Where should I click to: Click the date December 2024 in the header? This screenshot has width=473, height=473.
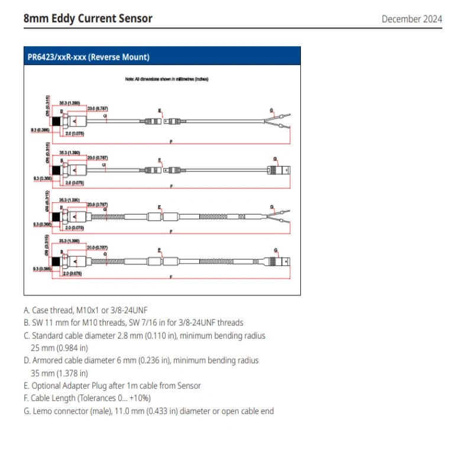pos(412,19)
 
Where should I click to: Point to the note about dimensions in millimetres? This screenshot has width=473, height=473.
pos(166,79)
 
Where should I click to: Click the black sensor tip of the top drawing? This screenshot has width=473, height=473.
pos(56,121)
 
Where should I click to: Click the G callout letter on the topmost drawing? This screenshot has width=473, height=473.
pos(271,111)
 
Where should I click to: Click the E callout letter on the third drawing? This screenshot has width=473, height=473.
pos(160,206)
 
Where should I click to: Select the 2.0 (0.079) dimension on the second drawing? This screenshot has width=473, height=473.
pos(74,183)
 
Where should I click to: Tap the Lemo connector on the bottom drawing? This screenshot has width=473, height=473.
pos(280,261)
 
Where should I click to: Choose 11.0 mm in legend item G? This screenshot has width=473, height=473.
pos(131,411)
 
